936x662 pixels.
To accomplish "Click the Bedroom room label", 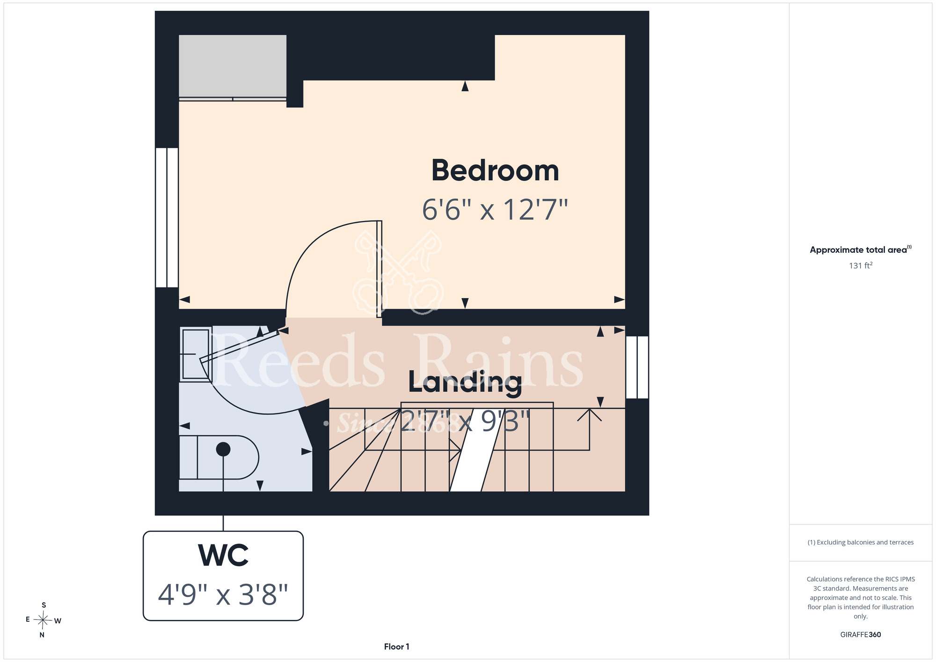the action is pos(495,170).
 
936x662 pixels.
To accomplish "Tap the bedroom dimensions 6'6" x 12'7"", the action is pos(495,209).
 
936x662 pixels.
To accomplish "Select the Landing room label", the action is pos(465,382).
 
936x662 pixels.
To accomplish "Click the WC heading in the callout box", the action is pos(223,555).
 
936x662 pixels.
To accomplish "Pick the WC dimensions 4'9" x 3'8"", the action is pos(223,595).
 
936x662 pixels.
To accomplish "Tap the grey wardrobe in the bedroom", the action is pos(233,66).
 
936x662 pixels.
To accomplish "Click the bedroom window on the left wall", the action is pos(167,218).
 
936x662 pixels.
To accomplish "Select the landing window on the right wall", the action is pos(637,368).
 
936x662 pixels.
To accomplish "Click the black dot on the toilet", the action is pos(223,449).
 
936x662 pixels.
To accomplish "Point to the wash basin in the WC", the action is pos(196,354).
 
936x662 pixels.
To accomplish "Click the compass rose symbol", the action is pos(43,620).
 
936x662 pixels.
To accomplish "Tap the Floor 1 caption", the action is pos(396,647).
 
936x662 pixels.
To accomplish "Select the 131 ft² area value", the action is pos(861,265).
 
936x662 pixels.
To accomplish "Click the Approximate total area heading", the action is pos(861,250).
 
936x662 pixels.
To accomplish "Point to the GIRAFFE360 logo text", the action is pos(861,635).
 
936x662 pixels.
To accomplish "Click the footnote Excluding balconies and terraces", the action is pos(861,542).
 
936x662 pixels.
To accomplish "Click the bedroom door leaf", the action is pos(379,269).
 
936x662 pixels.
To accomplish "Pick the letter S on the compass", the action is pos(44,605).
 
